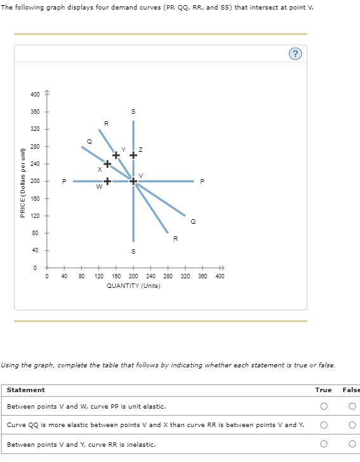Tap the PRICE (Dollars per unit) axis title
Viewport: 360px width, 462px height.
[x=23, y=181]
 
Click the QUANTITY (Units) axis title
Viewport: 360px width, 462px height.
[x=133, y=285]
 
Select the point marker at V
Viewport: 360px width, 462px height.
[x=133, y=181]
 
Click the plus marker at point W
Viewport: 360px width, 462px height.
[x=107, y=181]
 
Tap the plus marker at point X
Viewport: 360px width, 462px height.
[x=107, y=164]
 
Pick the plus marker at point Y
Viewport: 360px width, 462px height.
[x=116, y=155]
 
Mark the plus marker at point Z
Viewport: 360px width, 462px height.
[x=133, y=155]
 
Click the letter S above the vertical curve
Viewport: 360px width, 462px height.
[x=133, y=112]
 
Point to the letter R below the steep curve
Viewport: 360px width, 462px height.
[x=176, y=239]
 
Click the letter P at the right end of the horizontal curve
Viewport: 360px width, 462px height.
[x=203, y=181]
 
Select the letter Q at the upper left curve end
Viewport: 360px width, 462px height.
[x=89, y=141]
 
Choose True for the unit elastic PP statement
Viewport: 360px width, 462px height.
[x=323, y=406]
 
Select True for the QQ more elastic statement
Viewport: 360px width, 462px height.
[x=323, y=425]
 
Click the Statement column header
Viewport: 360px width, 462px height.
[x=25, y=390]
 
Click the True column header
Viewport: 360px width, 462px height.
[x=323, y=390]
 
